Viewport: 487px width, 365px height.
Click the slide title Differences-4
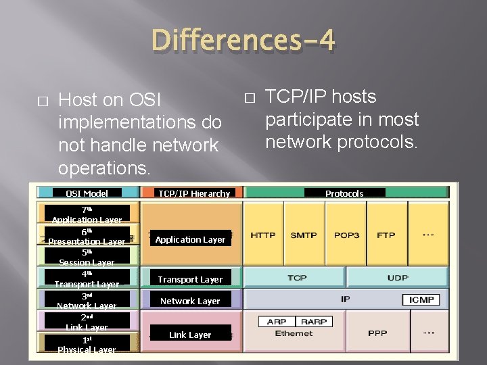[243, 40]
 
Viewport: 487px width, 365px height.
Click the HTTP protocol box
[263, 235]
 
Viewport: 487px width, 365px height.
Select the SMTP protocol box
[304, 235]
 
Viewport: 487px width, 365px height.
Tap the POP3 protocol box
[346, 235]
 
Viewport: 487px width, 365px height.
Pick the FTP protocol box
[386, 235]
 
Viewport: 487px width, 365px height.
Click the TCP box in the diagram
[297, 278]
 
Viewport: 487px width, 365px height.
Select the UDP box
[398, 278]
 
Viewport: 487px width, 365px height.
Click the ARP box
[276, 322]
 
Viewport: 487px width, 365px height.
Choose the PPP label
[377, 333]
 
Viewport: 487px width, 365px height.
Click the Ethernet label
[294, 333]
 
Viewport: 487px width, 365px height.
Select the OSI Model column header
[87, 193]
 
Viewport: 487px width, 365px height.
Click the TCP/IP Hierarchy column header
[194, 193]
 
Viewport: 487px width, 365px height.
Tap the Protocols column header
[344, 193]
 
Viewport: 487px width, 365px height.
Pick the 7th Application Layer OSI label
[87, 214]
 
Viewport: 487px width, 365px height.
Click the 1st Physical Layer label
[87, 344]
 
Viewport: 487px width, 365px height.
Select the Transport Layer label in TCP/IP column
[190, 279]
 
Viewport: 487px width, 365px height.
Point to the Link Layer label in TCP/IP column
[190, 335]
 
